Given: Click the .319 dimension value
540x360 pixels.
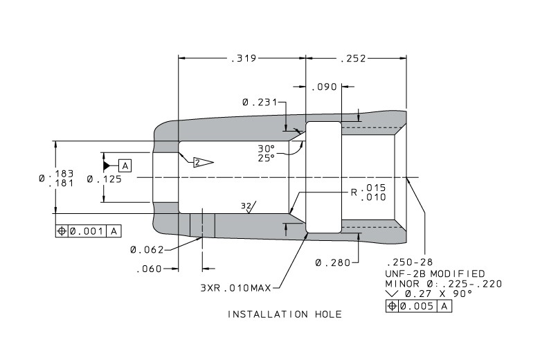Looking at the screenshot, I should pos(242,59).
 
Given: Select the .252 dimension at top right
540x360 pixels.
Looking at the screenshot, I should pos(353,59).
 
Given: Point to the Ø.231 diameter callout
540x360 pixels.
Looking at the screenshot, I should pos(258,102).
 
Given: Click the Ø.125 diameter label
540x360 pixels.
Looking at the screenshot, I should pos(104,179).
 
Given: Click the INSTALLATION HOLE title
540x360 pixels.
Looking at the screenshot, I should pos(285,314).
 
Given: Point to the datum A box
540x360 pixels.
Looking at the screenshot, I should pos(125,165).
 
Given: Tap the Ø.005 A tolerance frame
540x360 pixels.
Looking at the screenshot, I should pos(419,305).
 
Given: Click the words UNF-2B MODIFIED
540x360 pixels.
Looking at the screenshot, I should pos(435,273).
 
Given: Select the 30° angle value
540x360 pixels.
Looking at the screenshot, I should pos(267,149).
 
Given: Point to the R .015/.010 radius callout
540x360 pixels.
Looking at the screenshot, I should pos(369,192).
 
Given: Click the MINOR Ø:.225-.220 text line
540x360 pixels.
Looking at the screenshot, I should pos(443,284).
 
